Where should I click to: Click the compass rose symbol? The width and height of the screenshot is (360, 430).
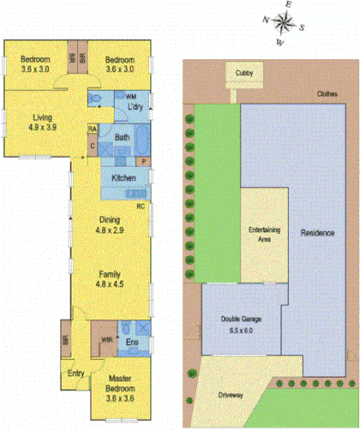point(287,24)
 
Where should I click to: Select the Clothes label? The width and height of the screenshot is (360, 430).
point(327,94)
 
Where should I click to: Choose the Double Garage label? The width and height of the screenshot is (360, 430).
point(240,319)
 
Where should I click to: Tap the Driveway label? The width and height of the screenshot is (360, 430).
point(231,397)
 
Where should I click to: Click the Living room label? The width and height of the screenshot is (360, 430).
point(43,117)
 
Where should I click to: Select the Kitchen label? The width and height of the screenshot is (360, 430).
point(124,177)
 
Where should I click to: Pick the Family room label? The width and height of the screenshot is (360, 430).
point(111,274)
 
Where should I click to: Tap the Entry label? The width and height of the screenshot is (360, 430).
point(76,373)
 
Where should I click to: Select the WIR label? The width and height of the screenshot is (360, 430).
point(106,340)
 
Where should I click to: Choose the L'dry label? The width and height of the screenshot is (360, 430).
point(134,108)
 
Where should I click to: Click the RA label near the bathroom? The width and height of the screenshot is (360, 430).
point(92,129)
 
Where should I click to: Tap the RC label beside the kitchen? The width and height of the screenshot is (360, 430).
point(140,206)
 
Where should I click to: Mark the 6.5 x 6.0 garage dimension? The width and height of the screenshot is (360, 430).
point(239,328)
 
